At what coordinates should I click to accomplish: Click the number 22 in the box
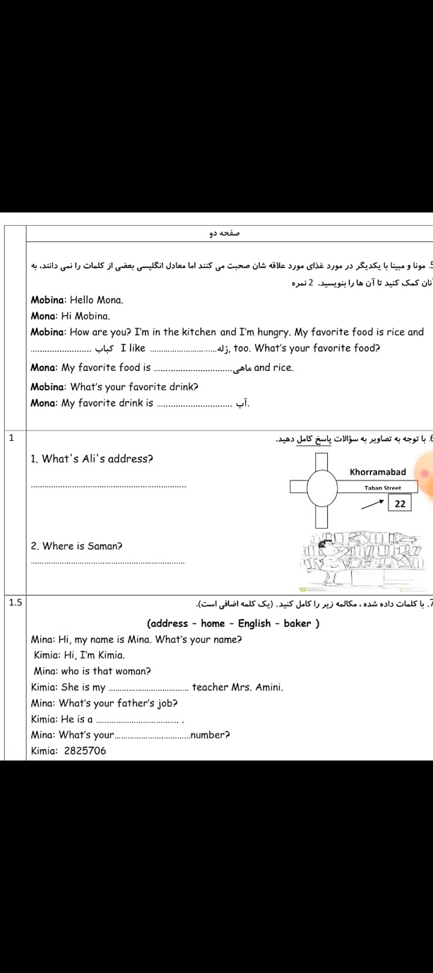point(400,503)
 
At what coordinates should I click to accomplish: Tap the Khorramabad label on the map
point(378,472)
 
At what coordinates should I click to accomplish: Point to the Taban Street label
point(382,488)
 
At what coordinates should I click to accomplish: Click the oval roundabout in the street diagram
point(322,487)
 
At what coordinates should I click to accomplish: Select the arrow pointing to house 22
point(373,504)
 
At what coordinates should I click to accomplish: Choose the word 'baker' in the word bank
point(297,623)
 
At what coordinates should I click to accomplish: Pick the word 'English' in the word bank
point(255,623)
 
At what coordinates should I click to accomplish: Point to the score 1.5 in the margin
point(15,602)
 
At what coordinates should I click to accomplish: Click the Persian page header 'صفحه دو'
point(224,234)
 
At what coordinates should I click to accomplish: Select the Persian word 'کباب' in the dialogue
point(104,348)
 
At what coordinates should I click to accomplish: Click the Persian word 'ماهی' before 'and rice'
point(243,368)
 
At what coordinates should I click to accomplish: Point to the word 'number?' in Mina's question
point(210,735)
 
